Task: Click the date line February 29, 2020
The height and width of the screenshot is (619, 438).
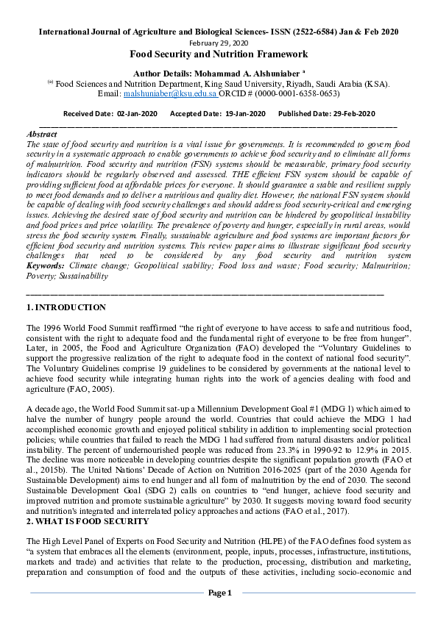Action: click(219, 43)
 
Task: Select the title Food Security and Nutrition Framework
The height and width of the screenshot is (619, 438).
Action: click(219, 54)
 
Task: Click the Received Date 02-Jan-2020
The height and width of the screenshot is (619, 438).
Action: click(137, 114)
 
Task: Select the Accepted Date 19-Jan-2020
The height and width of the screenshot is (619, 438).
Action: click(244, 114)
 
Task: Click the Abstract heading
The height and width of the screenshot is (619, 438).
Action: click(41, 135)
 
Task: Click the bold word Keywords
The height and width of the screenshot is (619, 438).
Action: click(45, 265)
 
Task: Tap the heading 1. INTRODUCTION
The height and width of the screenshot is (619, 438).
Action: click(66, 307)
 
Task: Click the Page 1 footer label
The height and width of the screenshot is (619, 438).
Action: click(219, 593)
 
